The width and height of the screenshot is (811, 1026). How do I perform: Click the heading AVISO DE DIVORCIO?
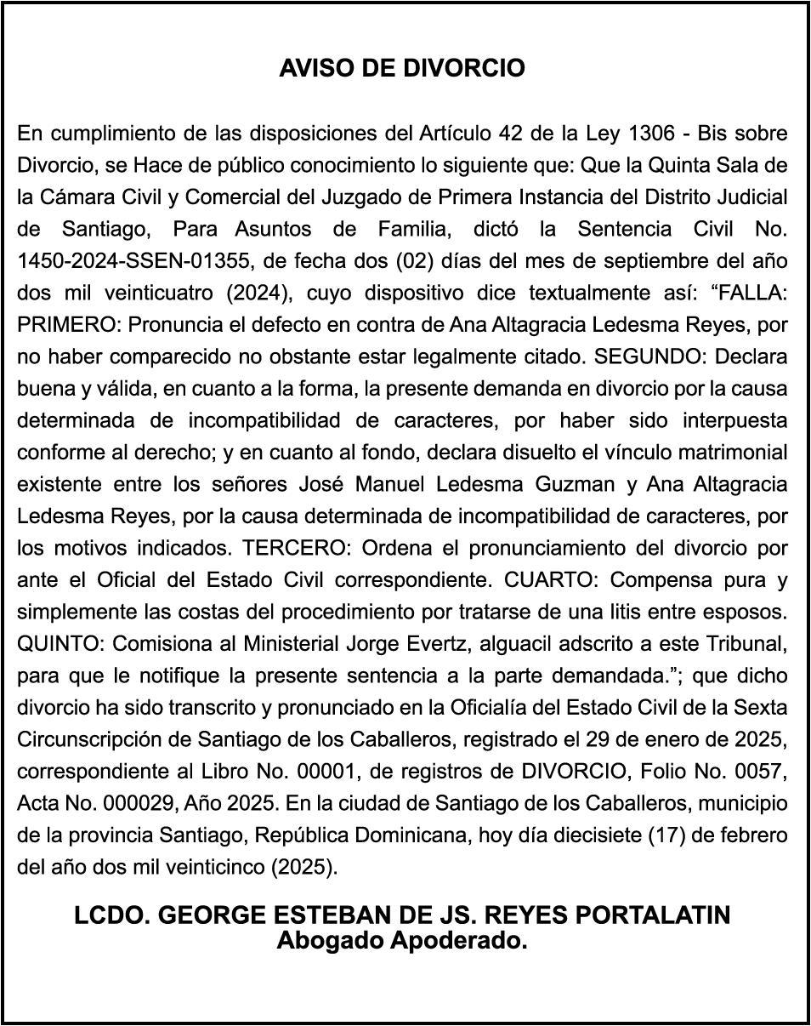click(x=402, y=68)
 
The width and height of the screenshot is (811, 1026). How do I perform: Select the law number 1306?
click(x=651, y=134)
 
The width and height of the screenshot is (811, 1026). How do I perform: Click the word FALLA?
click(x=753, y=293)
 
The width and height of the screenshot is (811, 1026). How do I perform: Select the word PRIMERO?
click(x=62, y=325)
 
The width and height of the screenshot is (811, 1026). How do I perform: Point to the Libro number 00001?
click(x=315, y=772)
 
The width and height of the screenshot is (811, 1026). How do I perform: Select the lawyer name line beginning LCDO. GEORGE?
click(x=402, y=915)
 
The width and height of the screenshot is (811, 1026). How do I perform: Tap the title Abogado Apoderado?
click(x=402, y=941)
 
